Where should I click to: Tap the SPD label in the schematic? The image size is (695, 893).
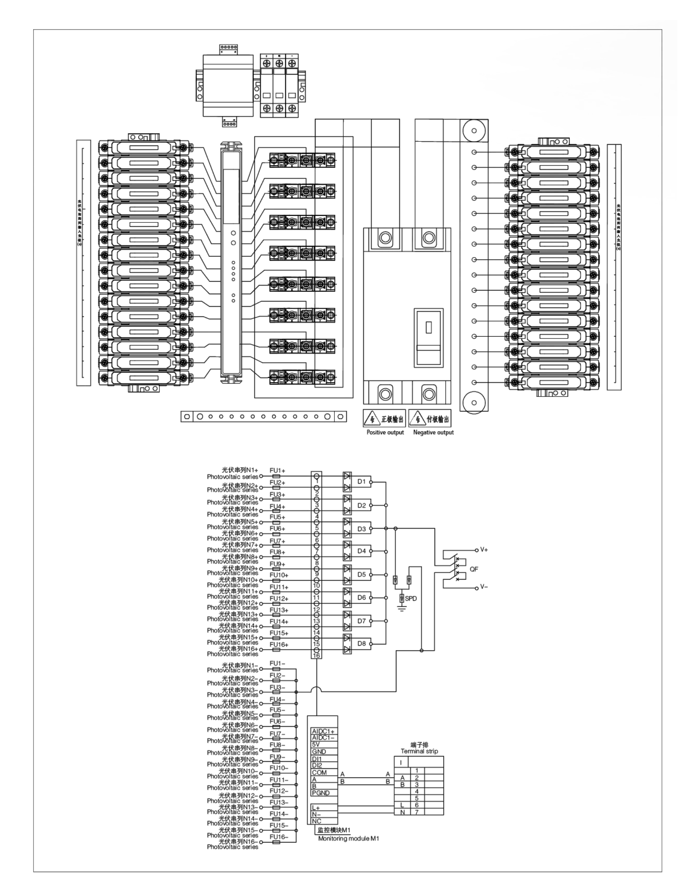pos(411,599)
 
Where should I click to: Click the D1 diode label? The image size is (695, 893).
pos(362,481)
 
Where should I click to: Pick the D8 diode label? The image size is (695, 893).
pos(362,643)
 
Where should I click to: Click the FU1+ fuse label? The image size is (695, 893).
pos(277,471)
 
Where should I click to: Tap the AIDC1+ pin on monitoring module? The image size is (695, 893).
pos(323,731)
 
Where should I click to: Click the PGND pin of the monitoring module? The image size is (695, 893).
pos(320,793)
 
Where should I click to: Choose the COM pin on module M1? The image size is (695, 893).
pos(319,772)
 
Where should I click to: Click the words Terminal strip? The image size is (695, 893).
pos(419,751)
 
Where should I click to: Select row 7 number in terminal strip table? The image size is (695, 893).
pos(417,812)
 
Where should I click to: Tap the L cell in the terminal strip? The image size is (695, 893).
pos(402,805)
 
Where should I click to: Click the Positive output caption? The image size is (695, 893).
pos(385,432)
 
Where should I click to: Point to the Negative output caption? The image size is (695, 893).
pos(433,432)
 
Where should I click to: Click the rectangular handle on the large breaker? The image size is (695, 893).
pos(429,327)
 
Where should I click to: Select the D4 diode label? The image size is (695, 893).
pos(362,551)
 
